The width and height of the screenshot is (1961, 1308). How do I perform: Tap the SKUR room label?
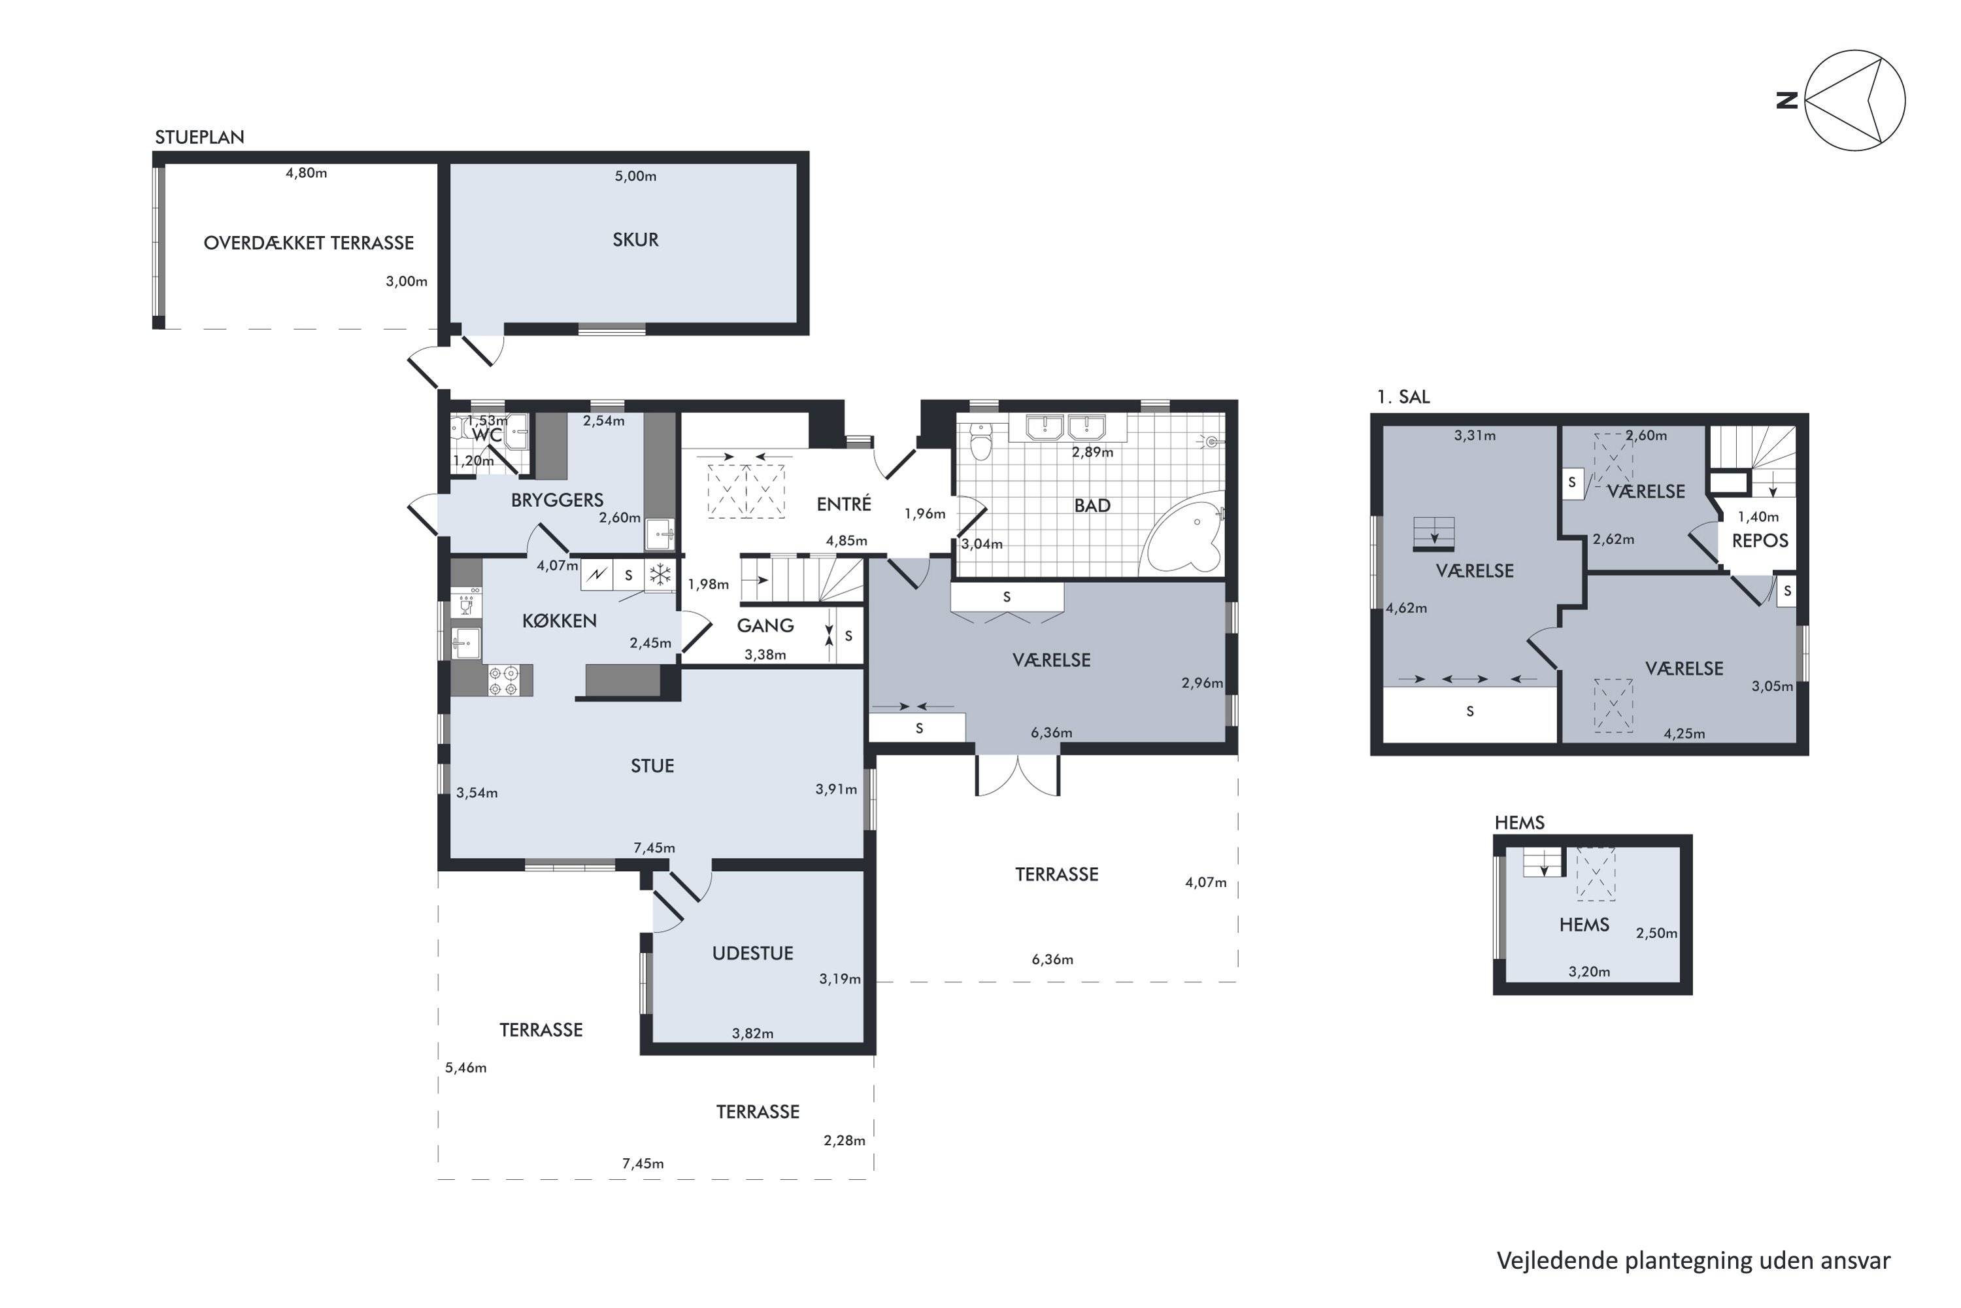pyautogui.click(x=635, y=240)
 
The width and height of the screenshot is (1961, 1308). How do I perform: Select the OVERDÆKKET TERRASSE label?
pyautogui.click(x=309, y=243)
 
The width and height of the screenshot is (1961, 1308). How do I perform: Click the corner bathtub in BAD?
pyautogui.click(x=1184, y=532)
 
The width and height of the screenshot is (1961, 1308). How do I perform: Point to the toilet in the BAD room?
pyautogui.click(x=981, y=441)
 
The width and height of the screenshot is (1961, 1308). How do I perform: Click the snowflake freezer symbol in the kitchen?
pyautogui.click(x=660, y=574)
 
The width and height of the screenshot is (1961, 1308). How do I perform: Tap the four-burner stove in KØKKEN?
pyautogui.click(x=503, y=680)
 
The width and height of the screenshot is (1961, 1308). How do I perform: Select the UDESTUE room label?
pyautogui.click(x=752, y=954)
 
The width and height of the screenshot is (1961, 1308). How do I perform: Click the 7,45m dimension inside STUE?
pyautogui.click(x=654, y=848)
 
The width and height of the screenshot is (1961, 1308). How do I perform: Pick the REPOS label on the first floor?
pyautogui.click(x=1760, y=541)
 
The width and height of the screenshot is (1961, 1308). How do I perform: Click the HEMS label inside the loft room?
pyautogui.click(x=1584, y=924)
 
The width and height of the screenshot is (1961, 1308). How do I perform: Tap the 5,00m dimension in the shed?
pyautogui.click(x=635, y=176)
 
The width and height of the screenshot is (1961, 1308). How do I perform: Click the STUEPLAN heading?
pyautogui.click(x=199, y=137)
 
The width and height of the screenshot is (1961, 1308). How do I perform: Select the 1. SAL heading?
pyautogui.click(x=1403, y=397)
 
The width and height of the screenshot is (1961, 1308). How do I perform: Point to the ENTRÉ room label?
pyautogui.click(x=844, y=504)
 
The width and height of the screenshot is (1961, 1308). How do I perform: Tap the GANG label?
pyautogui.click(x=765, y=626)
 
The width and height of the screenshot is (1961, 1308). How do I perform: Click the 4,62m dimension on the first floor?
pyautogui.click(x=1407, y=608)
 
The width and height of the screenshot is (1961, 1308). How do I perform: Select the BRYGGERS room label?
pyautogui.click(x=557, y=500)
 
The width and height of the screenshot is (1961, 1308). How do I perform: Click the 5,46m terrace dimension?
pyautogui.click(x=465, y=1068)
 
